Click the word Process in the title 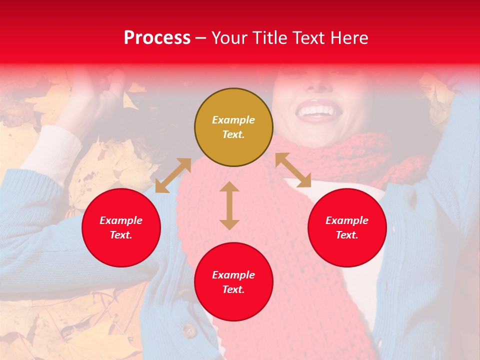tap(157, 38)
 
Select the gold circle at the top tap(233, 127)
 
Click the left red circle tap(121, 227)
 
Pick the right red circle tap(347, 227)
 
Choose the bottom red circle tap(233, 282)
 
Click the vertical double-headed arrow tap(229, 205)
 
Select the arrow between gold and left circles tap(173, 175)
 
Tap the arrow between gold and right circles tap(293, 170)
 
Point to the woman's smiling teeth tap(316, 109)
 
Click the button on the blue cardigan tap(188, 330)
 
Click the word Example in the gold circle tap(233, 120)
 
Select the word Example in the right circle tap(347, 220)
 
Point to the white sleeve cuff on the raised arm tap(50, 150)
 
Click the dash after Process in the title tap(201, 38)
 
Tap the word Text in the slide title tap(307, 38)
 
